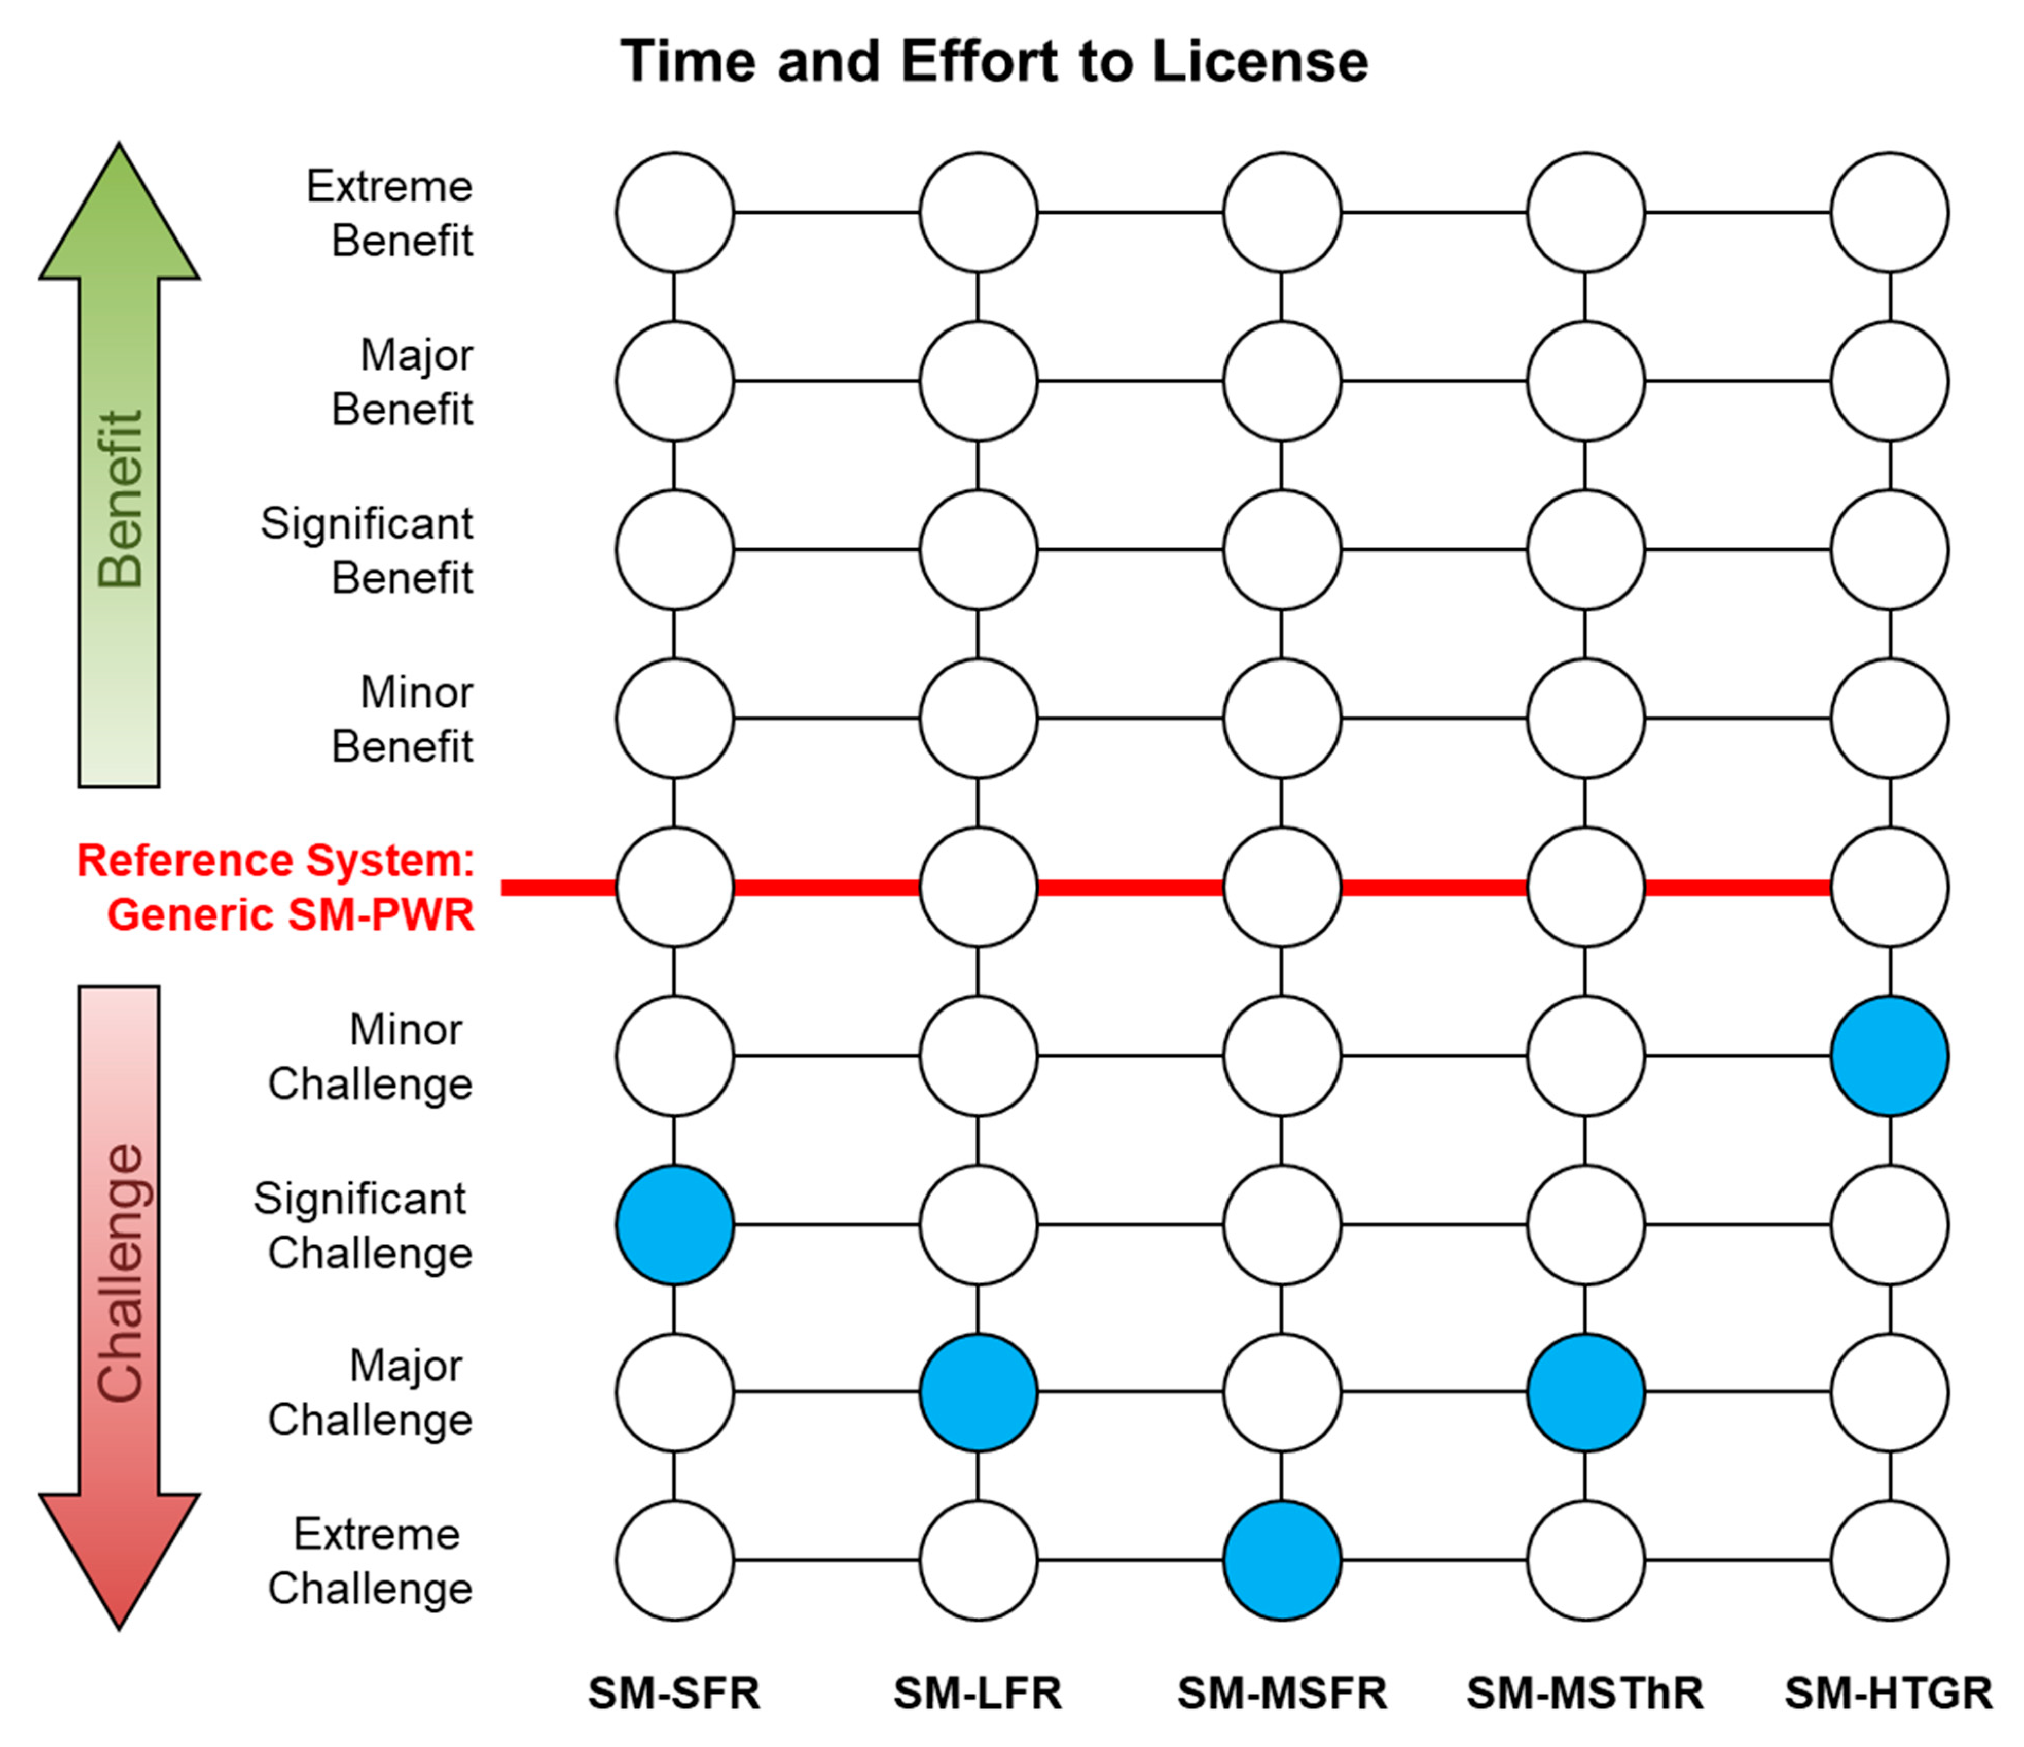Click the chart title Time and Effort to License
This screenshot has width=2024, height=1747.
click(995, 62)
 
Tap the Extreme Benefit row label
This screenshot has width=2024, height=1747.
click(391, 213)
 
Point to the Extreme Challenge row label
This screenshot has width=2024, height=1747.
click(371, 1560)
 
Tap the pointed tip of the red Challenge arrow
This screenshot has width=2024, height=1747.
click(119, 1623)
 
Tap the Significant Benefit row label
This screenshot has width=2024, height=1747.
click(367, 550)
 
